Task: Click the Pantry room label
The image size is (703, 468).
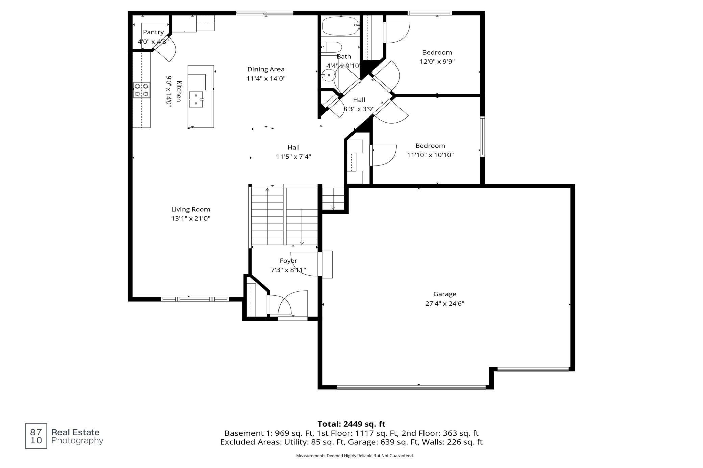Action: click(153, 32)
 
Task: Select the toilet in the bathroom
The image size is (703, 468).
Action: click(332, 47)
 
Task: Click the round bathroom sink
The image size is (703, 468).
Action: click(328, 75)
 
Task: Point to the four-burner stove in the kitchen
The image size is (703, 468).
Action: click(142, 90)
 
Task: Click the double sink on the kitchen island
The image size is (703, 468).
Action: click(196, 99)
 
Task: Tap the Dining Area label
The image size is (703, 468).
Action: click(266, 69)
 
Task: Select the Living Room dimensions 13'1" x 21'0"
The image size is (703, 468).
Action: click(191, 218)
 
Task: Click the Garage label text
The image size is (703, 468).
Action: click(445, 294)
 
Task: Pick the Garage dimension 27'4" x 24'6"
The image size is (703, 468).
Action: click(445, 303)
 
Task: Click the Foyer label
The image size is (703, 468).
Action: click(288, 261)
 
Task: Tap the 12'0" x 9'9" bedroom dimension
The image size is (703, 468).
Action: click(437, 61)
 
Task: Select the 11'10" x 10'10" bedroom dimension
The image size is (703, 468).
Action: click(430, 155)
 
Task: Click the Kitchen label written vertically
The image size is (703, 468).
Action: click(179, 91)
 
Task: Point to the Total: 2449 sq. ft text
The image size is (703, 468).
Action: click(351, 424)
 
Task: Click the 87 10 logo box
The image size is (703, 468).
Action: click(36, 436)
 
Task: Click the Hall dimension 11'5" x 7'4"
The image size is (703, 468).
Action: click(293, 157)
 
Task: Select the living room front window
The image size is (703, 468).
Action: click(195, 299)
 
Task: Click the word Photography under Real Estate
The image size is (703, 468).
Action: click(77, 441)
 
